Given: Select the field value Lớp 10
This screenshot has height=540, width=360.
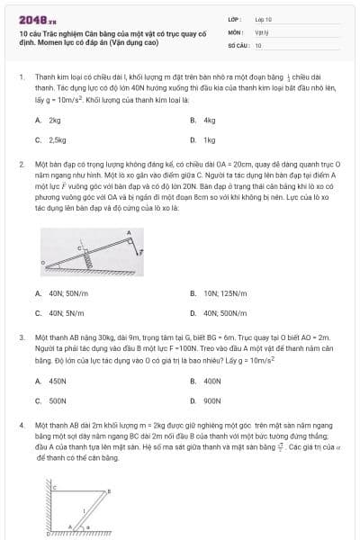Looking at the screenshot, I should point(263,18).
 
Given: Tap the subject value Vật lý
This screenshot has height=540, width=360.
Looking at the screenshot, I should point(261,31).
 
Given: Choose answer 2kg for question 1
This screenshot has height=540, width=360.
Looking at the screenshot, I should point(55,120).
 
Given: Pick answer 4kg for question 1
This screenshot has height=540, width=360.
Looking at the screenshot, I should point(210,120).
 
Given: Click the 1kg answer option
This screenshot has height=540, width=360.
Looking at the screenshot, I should point(210,140).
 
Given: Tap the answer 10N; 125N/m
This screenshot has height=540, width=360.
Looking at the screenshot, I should point(221,292).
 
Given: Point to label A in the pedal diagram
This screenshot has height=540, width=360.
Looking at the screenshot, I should point(129,232).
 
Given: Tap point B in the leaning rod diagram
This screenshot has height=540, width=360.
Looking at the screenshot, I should point(109,491).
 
